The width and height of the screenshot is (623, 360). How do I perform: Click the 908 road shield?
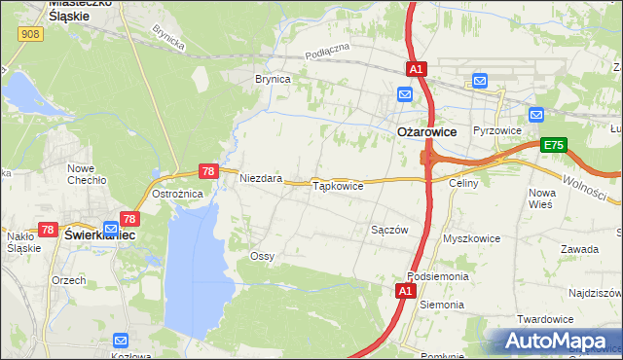[x=30, y=34]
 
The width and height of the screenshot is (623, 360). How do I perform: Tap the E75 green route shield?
[x=554, y=145]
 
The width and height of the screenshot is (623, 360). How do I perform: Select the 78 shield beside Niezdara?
[x=207, y=170]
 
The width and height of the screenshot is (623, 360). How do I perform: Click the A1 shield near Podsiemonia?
[x=407, y=290]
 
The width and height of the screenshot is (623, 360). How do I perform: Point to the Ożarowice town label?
[x=427, y=131]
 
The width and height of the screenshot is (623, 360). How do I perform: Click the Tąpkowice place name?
[x=337, y=185]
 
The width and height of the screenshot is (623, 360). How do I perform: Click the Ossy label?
[x=262, y=256]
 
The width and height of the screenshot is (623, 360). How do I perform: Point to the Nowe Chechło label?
[x=87, y=174]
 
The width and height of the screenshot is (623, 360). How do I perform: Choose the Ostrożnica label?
[x=178, y=193]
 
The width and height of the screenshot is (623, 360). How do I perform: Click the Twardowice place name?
[x=570, y=319]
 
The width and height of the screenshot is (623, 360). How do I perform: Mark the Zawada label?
[x=579, y=249]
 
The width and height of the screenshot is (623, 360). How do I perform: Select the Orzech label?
[x=69, y=279]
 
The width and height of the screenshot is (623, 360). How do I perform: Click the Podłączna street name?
[x=326, y=55]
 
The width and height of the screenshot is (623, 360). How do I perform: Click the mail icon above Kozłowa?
[x=121, y=341]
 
